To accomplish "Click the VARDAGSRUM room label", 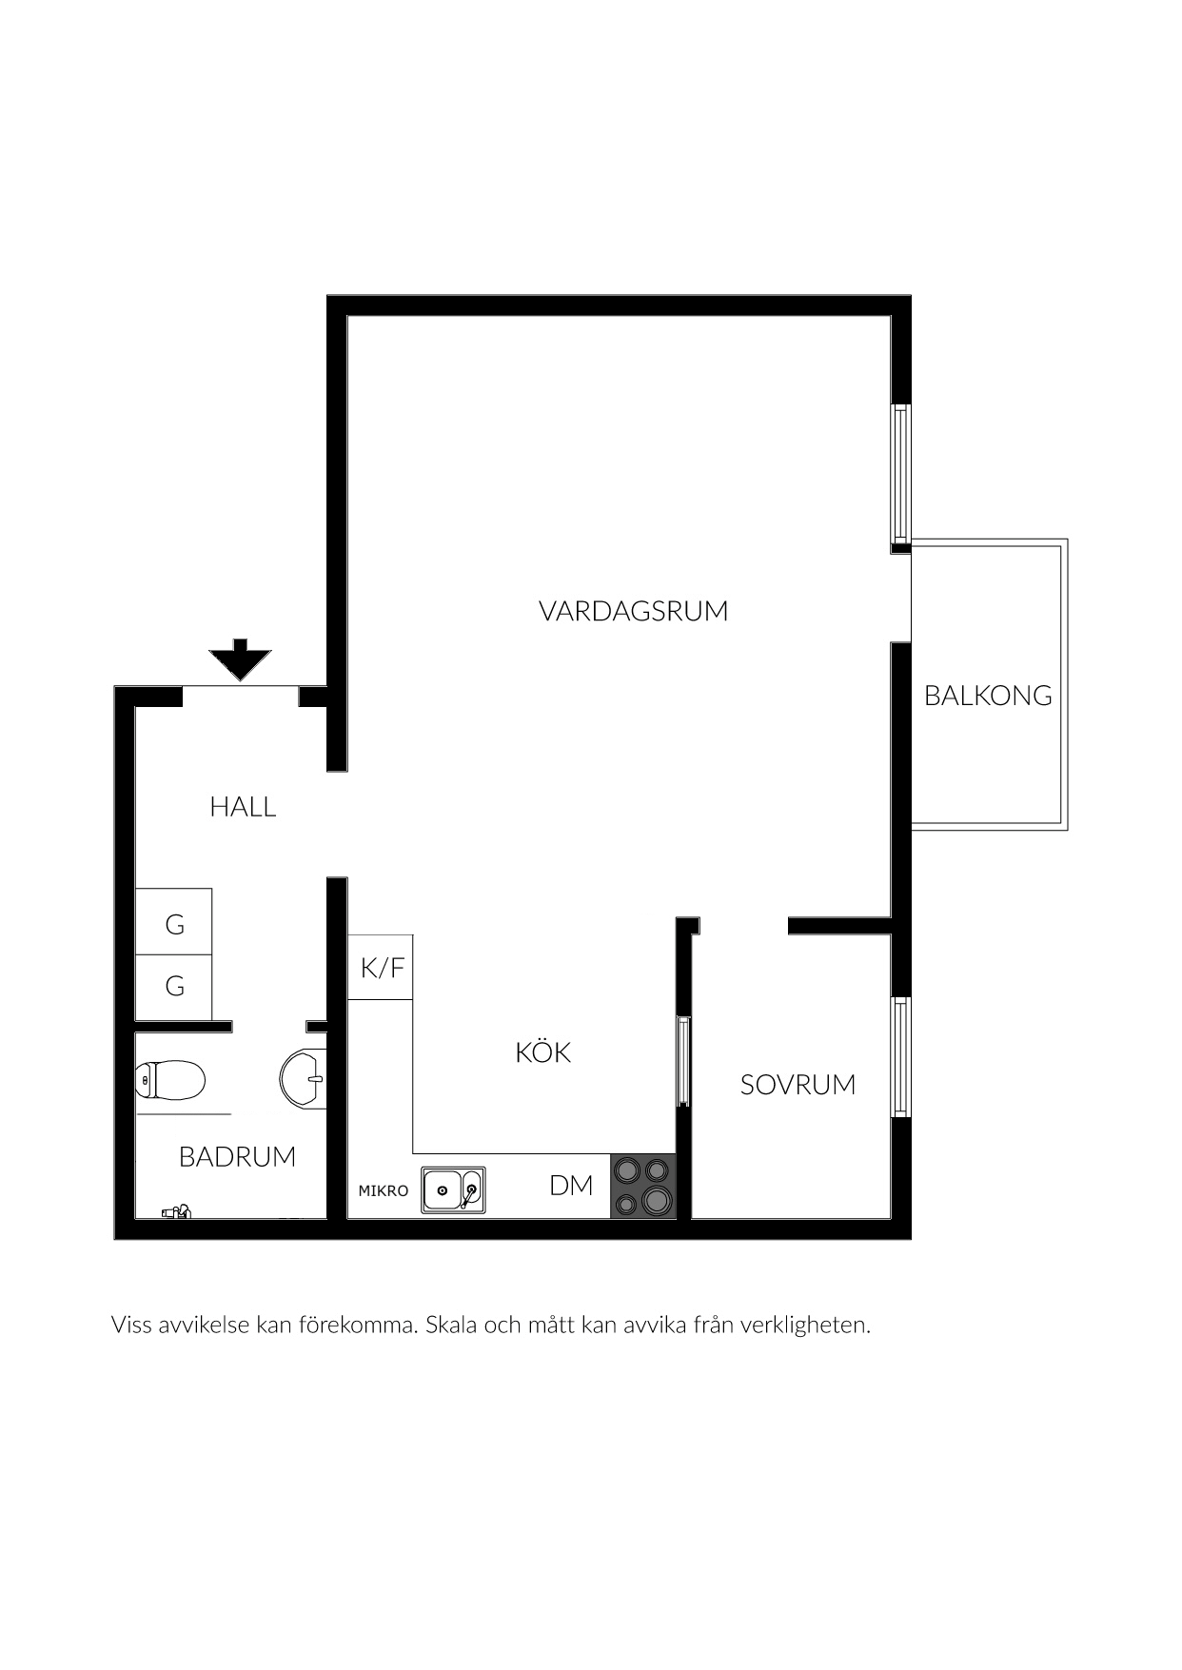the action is (x=633, y=611).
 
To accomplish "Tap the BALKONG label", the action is (x=988, y=696).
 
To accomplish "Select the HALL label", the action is (x=243, y=807).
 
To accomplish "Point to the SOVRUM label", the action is (x=798, y=1085).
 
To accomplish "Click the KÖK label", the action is (x=542, y=1051).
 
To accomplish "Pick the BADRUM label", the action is (x=237, y=1157).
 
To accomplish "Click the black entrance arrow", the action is (x=241, y=659).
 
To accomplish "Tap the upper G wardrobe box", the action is (x=173, y=922).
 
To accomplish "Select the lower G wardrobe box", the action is (x=173, y=988).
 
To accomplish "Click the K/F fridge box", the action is (x=381, y=968).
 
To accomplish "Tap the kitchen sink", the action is (x=453, y=1189).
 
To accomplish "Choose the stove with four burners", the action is (x=642, y=1186).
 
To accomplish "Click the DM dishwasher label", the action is (x=571, y=1186).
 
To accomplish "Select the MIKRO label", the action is (x=383, y=1191).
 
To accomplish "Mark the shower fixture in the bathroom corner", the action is (x=176, y=1211).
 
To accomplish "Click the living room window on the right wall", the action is (x=900, y=473).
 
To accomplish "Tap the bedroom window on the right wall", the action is (x=900, y=1057).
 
